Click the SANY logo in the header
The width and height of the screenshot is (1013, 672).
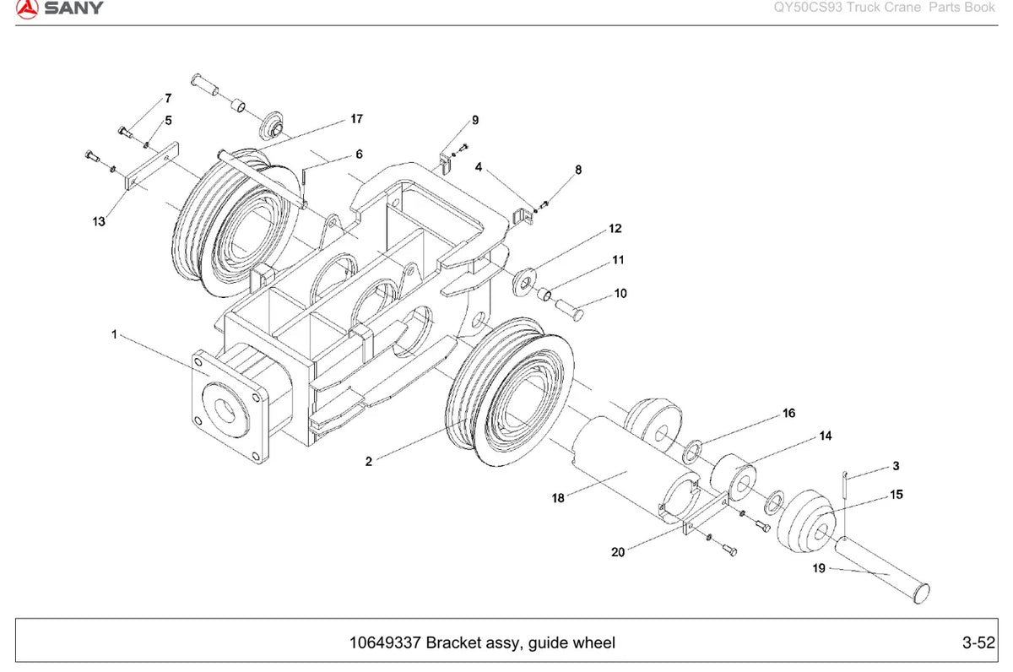coord(59,9)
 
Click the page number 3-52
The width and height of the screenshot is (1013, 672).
coord(978,642)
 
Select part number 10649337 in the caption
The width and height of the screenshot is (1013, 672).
coord(385,642)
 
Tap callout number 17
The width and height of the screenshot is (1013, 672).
coord(357,119)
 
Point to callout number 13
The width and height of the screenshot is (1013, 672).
coord(99,221)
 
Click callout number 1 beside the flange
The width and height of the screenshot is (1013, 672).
coord(115,334)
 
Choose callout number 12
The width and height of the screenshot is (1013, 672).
coord(615,229)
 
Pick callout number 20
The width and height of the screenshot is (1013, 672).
coord(618,552)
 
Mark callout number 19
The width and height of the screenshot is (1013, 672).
coord(819,568)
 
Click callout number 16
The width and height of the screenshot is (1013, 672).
coord(788,413)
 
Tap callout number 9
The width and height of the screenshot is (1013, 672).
coord(475,120)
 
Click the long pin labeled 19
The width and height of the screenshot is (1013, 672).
coord(882,570)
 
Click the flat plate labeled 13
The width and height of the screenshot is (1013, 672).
coord(151,166)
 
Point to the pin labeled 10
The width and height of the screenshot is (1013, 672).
coord(569,309)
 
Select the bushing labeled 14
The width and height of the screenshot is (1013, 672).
coord(733,478)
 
